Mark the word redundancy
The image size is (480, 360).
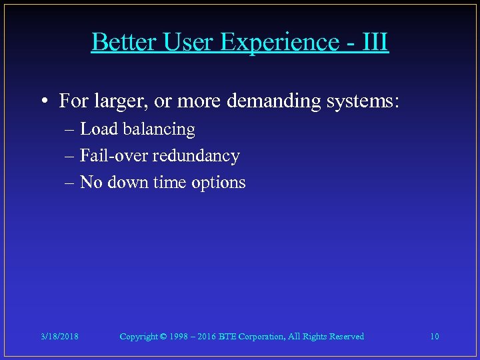196,156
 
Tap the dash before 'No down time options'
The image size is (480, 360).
71,182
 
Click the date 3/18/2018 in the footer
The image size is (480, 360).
59,337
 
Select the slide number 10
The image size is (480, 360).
434,337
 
